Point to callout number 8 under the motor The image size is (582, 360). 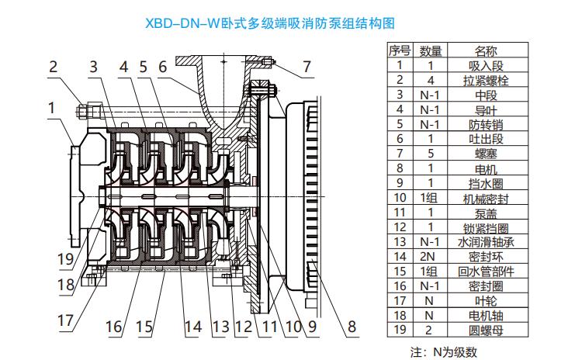pos(352,327)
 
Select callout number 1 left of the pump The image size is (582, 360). pos(51,108)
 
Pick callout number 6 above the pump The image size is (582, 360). pos(163,67)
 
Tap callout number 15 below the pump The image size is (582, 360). pos(144,327)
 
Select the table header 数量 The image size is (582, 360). pos(431,50)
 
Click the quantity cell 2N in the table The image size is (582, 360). pos(431,256)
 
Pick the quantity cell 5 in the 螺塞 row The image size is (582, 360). pos(431,154)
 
